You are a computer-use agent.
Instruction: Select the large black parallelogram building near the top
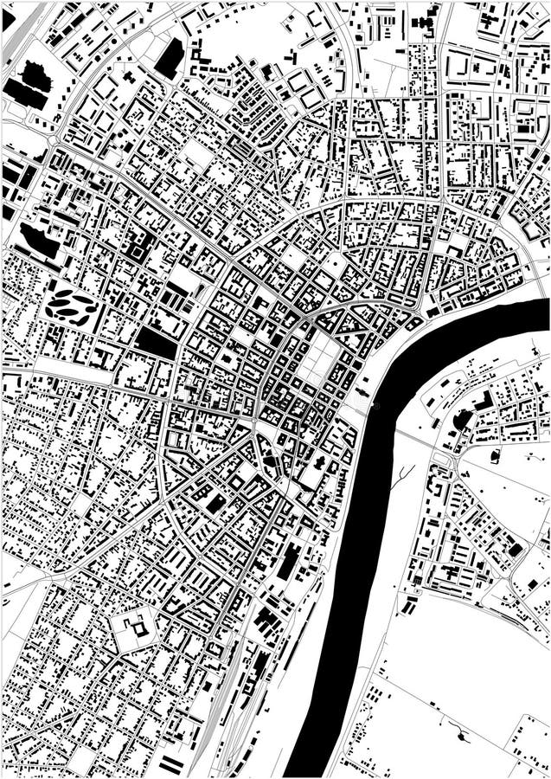170,57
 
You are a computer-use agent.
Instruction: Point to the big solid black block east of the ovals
155,343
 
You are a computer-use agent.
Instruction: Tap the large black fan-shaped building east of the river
464,421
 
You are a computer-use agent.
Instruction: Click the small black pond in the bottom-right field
460,737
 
